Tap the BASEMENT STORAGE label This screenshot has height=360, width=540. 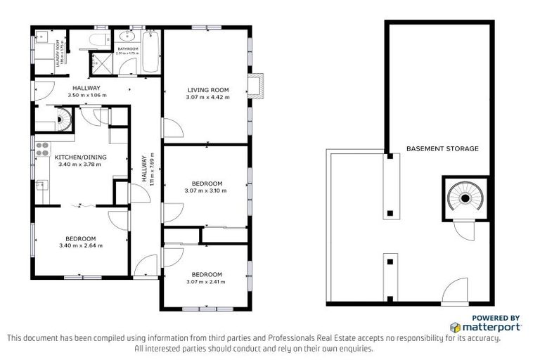click(x=442, y=148)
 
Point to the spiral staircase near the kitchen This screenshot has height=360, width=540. click(x=63, y=120)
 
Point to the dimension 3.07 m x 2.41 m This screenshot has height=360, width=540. click(x=206, y=282)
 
